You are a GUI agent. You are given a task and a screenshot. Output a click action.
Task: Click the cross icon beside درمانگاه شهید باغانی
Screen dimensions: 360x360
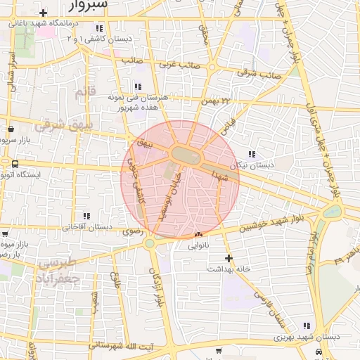44,13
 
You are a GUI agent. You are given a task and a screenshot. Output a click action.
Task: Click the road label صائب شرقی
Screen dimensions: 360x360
259,72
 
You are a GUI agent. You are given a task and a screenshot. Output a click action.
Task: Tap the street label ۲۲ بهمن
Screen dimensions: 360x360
216,102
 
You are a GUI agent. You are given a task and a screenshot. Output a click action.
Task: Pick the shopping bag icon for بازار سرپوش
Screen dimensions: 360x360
12,129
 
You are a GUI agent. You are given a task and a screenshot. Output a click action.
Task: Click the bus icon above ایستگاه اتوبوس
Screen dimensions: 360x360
15,163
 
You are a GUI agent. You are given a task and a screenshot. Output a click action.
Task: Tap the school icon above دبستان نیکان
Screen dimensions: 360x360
252,154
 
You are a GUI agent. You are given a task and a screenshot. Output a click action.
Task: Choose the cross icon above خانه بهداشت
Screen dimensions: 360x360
228,258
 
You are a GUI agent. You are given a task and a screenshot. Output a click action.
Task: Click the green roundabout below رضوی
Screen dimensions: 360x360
150,244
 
